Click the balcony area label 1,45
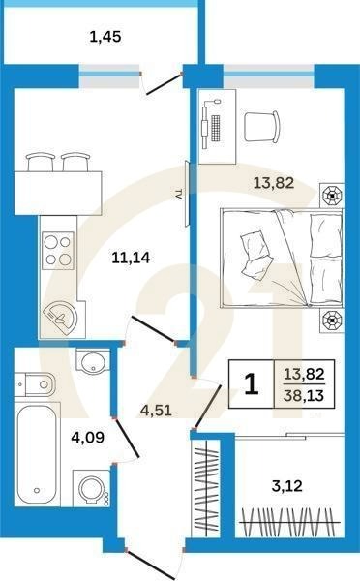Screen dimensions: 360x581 pyautogui.click(x=105, y=37)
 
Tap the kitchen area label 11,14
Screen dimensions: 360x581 pyautogui.click(x=131, y=258)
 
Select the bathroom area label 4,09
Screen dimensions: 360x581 pyautogui.click(x=88, y=438)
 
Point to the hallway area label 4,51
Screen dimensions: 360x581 pyautogui.click(x=156, y=411)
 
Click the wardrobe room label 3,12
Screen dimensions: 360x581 pyautogui.click(x=287, y=486)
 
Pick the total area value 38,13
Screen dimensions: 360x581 pyautogui.click(x=304, y=395)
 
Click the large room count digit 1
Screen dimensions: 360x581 pyautogui.click(x=252, y=383)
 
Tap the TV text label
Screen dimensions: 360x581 pyautogui.click(x=178, y=194)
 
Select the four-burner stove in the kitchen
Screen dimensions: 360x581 pyautogui.click(x=57, y=251)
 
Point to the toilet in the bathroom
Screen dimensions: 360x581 pyautogui.click(x=35, y=384)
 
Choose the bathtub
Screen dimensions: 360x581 pyautogui.click(x=37, y=454)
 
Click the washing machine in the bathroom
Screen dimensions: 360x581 pyautogui.click(x=91, y=489)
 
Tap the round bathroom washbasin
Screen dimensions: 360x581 pyautogui.click(x=93, y=360)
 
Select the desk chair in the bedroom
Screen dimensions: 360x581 pyautogui.click(x=262, y=127)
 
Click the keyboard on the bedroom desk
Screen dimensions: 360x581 pyautogui.click(x=215, y=128)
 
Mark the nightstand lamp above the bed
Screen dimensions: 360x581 pyautogui.click(x=332, y=195)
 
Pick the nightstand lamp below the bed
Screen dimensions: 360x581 pyautogui.click(x=332, y=319)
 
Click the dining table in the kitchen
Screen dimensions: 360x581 pyautogui.click(x=58, y=193)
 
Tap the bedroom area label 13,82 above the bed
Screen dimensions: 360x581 pyautogui.click(x=274, y=183)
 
